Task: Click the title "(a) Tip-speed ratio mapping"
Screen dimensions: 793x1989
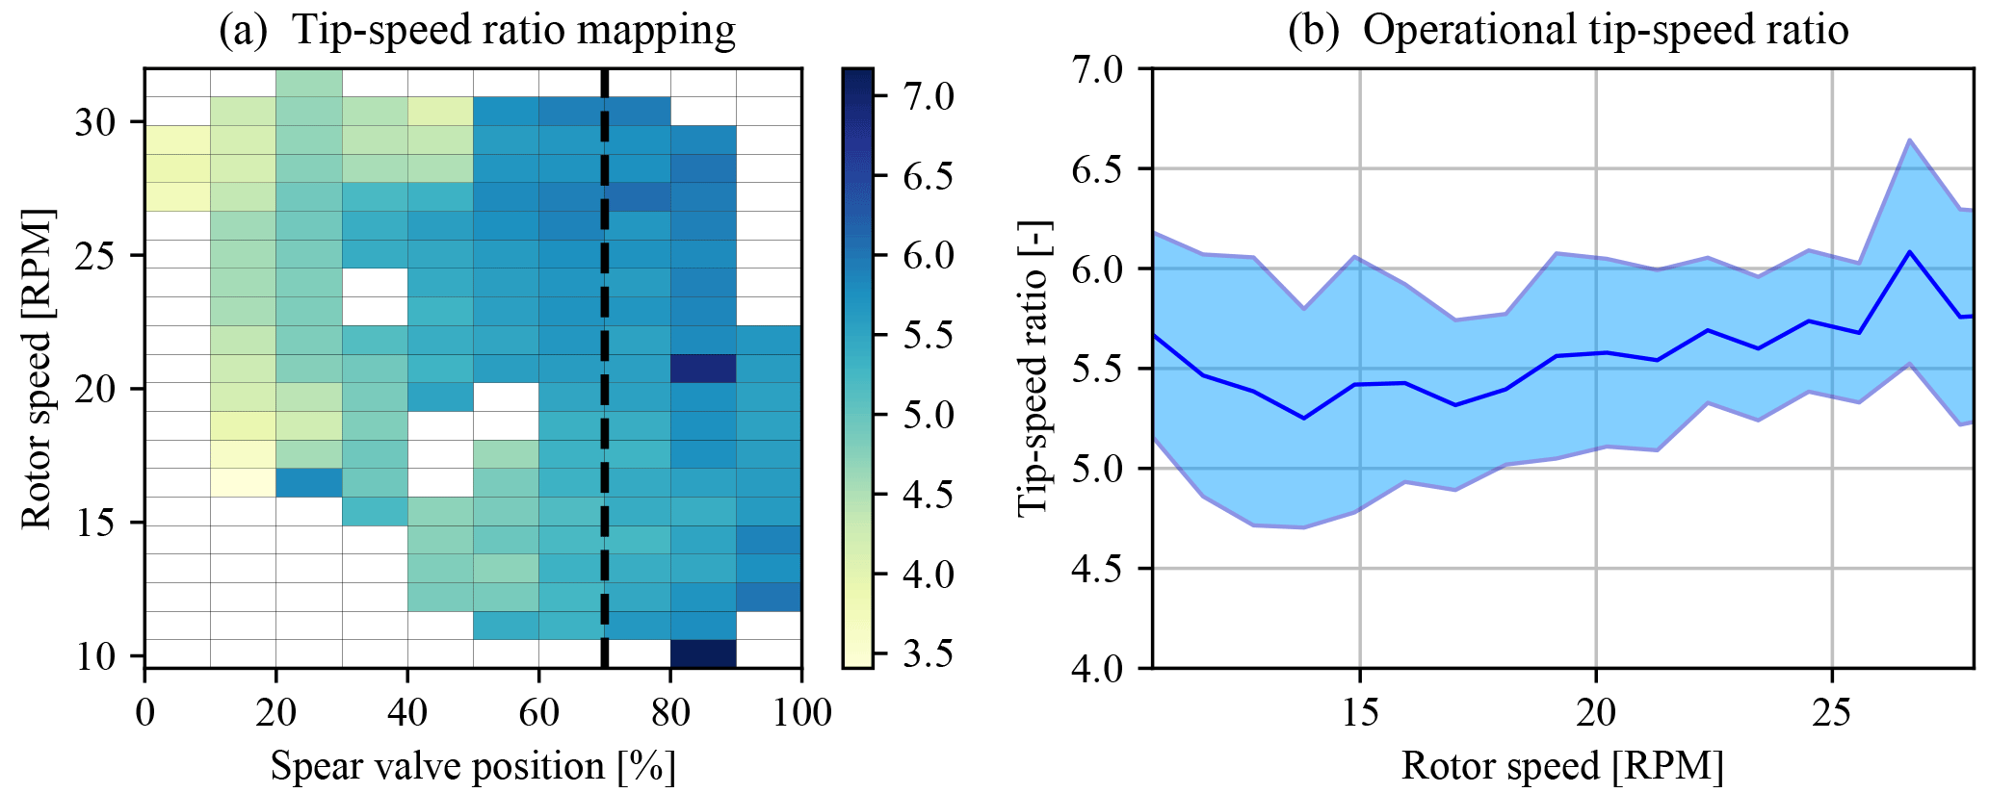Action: click(477, 30)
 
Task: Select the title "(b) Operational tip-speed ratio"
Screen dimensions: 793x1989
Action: click(1567, 30)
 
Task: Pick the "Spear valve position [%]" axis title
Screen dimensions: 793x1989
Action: click(473, 767)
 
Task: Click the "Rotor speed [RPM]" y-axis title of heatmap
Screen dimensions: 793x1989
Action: click(37, 369)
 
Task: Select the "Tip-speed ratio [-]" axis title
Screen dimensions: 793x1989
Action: click(1035, 369)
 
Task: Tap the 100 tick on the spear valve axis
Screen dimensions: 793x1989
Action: click(801, 713)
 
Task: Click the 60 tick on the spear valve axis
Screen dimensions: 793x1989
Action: click(538, 713)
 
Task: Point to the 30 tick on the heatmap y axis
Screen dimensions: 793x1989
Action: click(94, 122)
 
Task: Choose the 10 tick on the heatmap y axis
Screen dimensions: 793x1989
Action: click(94, 656)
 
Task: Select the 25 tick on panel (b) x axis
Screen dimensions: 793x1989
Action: click(1831, 713)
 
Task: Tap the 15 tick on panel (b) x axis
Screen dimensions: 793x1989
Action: click(1359, 713)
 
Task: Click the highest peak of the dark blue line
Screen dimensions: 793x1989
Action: click(1909, 252)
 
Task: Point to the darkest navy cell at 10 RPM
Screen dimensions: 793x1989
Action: click(703, 653)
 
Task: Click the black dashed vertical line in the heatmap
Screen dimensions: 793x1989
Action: click(605, 385)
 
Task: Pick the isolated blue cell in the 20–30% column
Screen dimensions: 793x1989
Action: click(309, 482)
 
